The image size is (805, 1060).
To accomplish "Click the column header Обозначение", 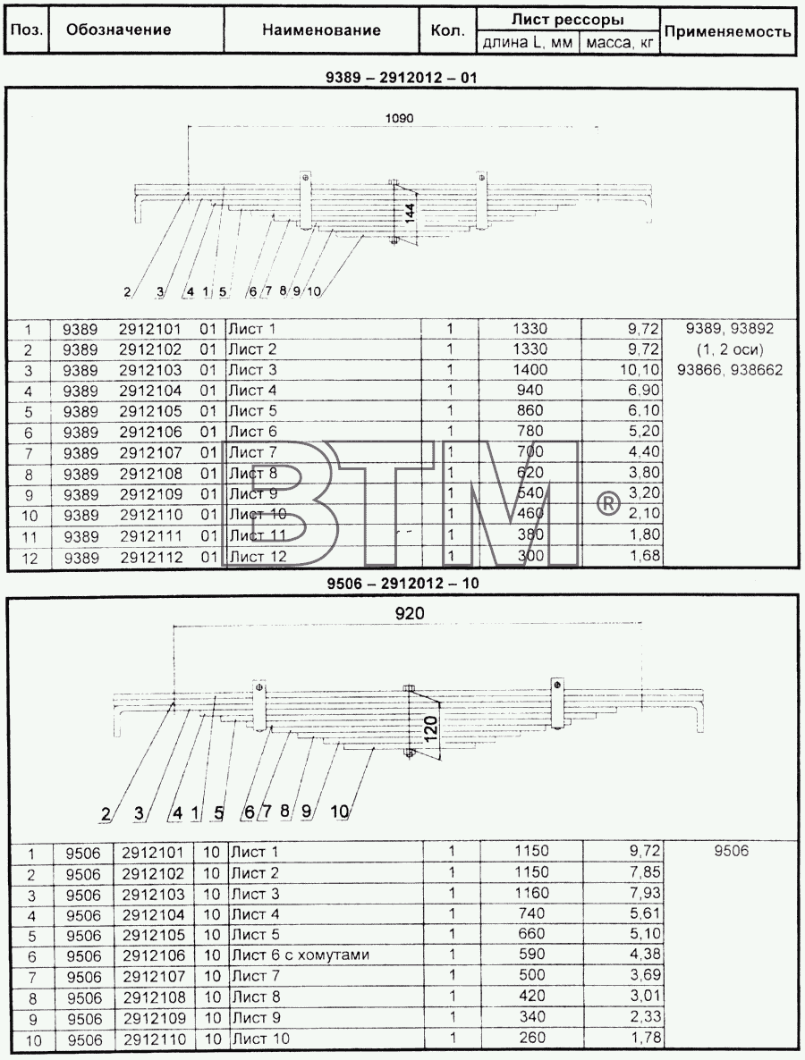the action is point(118,29).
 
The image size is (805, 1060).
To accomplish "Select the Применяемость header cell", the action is point(727,31).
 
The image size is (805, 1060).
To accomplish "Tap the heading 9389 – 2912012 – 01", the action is point(401,77).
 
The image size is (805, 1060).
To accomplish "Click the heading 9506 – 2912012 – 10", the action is point(402,583).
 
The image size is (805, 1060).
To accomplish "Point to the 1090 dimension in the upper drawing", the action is point(399,118).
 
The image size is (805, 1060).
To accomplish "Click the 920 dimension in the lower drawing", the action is point(410,613).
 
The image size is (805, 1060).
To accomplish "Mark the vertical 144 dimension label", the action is point(409,213).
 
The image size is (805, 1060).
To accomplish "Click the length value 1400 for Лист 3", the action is point(530,370).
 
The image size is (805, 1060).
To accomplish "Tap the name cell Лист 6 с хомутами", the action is point(301,955).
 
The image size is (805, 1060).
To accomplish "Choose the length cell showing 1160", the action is point(531,893).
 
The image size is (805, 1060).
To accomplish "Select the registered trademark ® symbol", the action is point(606,503).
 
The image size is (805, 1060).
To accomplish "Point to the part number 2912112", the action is point(151,557).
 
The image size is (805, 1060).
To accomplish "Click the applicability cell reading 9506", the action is point(732,851).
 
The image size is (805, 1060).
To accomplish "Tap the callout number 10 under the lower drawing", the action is point(340,811).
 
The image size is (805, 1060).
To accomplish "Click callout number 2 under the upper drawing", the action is point(127,292).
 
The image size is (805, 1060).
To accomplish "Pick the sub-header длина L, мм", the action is point(528,43).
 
